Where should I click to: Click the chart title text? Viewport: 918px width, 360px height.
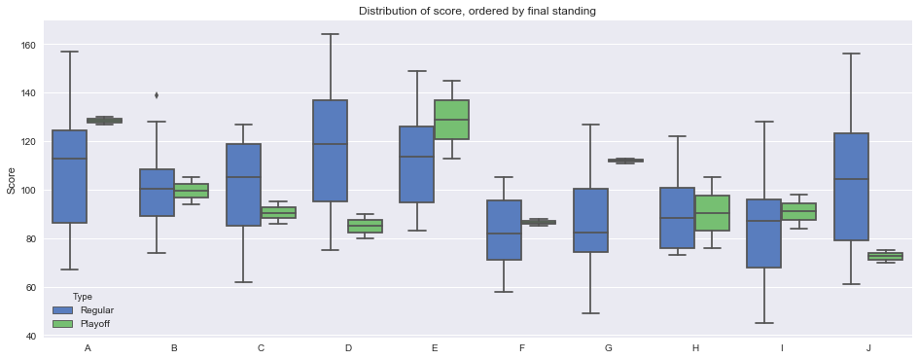477,11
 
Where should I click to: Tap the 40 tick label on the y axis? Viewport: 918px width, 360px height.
29,336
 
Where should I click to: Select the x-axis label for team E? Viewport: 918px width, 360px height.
435,347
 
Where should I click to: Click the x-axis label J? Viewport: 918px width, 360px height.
868,347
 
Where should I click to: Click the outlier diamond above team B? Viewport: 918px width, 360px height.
157,95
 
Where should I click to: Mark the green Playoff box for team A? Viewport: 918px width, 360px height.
105,121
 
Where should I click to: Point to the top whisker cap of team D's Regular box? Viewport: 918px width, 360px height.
331,34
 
